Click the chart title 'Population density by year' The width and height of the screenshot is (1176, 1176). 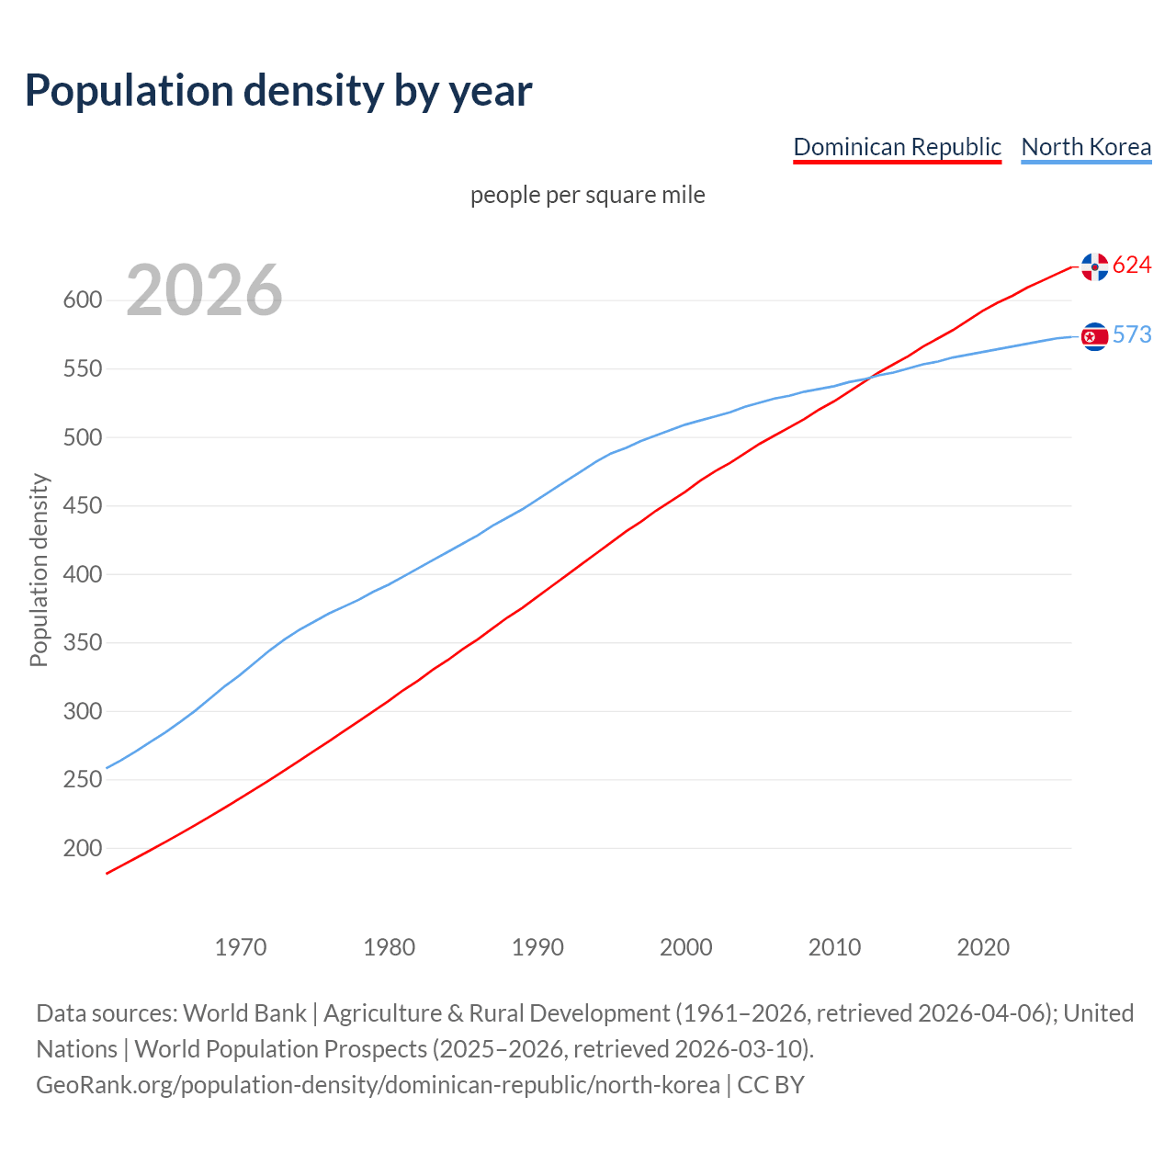(278, 90)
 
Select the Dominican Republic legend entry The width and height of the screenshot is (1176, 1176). (897, 147)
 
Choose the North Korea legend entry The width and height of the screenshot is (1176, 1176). (1086, 147)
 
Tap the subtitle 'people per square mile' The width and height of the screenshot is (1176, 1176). (588, 195)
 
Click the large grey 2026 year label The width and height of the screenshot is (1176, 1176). (204, 290)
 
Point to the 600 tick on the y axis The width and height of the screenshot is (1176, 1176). (82, 300)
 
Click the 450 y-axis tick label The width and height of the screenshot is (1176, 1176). (82, 506)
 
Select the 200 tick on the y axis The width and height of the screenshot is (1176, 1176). (82, 849)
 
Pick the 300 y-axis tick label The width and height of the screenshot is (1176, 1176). (82, 712)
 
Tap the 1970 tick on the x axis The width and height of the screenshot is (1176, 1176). (241, 947)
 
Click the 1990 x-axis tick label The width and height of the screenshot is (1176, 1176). (537, 947)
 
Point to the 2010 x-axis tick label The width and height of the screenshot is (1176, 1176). (834, 947)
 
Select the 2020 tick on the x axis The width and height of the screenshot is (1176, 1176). (983, 947)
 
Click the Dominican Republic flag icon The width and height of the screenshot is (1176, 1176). (1094, 266)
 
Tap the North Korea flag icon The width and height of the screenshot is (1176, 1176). (1094, 336)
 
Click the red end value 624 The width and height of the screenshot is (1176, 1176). (1132, 266)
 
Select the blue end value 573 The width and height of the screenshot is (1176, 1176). (1132, 335)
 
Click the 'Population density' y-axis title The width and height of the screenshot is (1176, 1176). (39, 570)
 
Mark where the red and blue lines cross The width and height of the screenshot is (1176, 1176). (868, 377)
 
